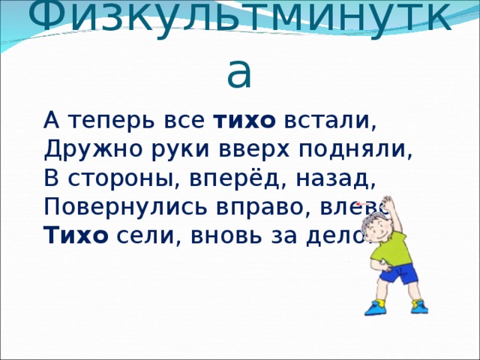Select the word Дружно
tap(79, 148)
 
